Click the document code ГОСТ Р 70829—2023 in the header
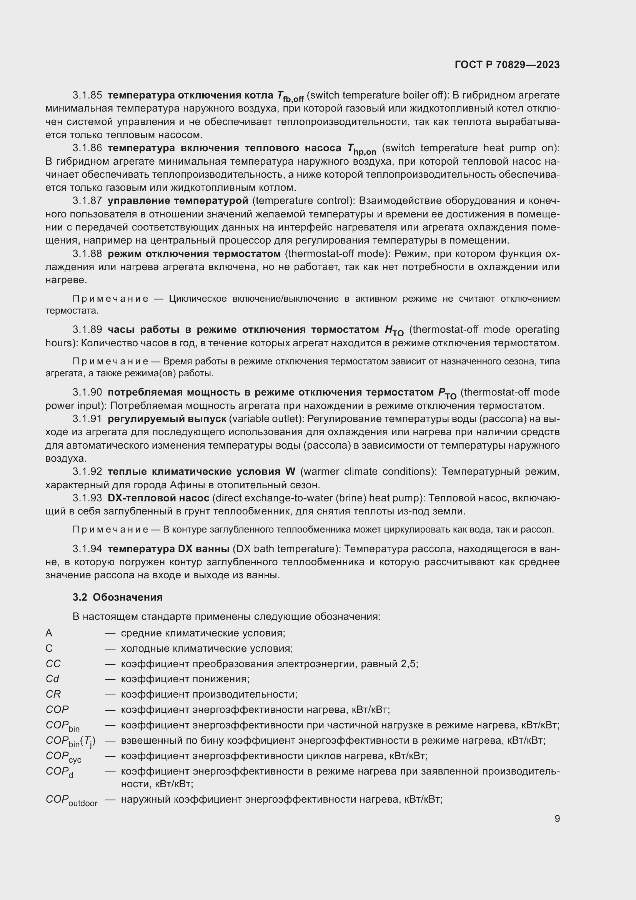tap(507, 65)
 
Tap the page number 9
tap(557, 819)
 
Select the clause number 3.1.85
tap(87, 95)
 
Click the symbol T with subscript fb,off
tap(290, 97)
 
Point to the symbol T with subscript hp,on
tap(361, 149)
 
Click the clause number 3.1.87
tap(87, 201)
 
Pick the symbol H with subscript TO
tap(394, 331)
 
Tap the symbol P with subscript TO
tap(447, 394)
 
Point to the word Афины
tap(185, 485)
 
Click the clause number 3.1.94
tap(87, 548)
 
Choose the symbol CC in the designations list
tap(53, 664)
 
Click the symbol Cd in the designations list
tap(52, 679)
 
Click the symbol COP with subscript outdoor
tap(71, 800)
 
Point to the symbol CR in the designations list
tap(53, 694)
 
